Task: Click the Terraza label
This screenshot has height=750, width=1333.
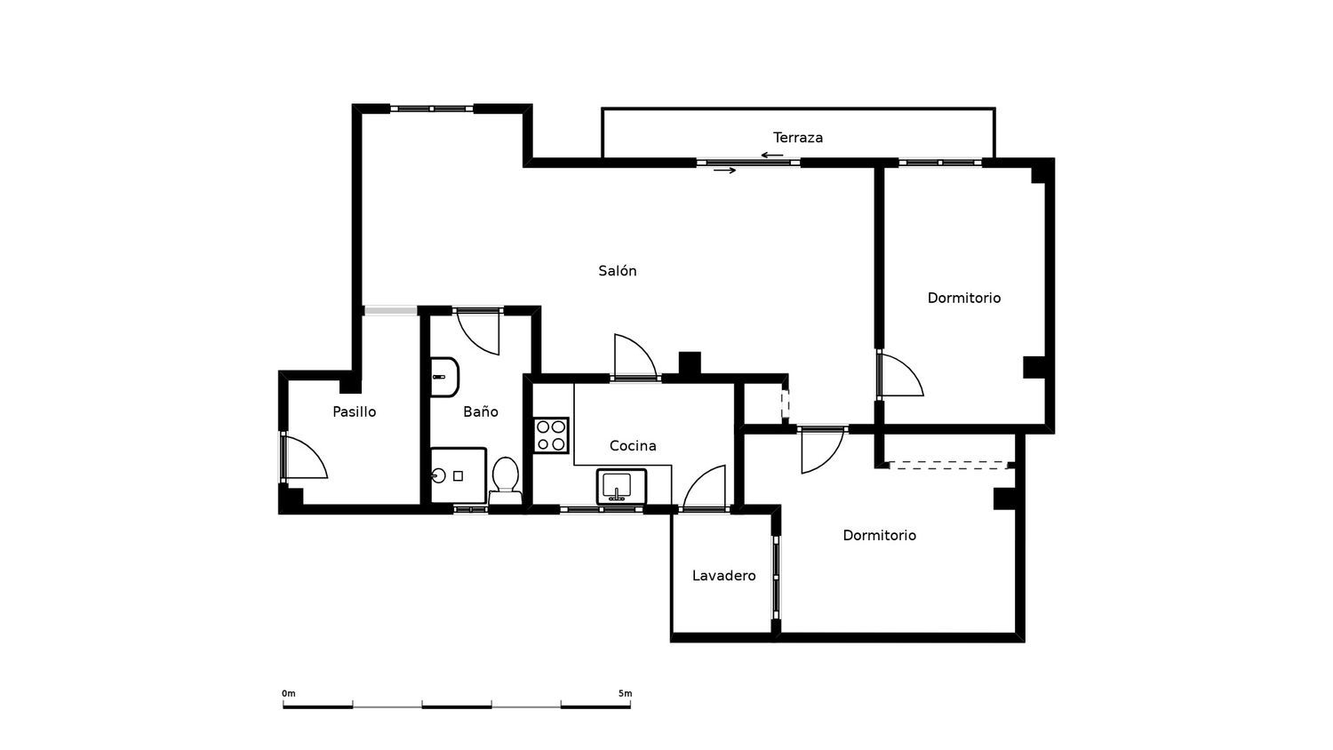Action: click(x=797, y=138)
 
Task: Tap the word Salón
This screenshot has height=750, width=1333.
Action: click(x=617, y=271)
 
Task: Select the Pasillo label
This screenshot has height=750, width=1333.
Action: click(x=354, y=411)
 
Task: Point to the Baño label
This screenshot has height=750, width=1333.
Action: click(x=480, y=411)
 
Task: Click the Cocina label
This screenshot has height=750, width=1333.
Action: click(x=633, y=446)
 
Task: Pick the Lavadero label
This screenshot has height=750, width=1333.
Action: click(x=723, y=576)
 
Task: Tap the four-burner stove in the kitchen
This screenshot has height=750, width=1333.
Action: click(x=550, y=435)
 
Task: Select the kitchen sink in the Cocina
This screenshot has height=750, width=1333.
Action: click(x=621, y=487)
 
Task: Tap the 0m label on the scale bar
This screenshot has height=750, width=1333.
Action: click(x=288, y=693)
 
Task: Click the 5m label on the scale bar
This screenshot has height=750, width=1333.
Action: click(x=625, y=693)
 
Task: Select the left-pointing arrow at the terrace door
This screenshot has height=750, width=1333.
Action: click(x=772, y=156)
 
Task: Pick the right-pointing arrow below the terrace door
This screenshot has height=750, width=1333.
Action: click(x=725, y=171)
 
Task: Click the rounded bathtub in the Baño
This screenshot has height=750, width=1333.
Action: click(x=444, y=378)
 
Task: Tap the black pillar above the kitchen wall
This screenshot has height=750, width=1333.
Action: click(x=690, y=363)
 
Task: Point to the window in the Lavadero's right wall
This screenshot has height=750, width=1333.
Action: click(x=776, y=577)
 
